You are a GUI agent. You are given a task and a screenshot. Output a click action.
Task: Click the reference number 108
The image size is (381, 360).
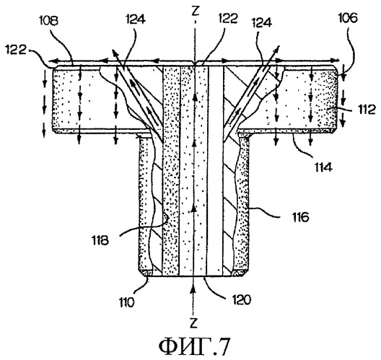point(49,21)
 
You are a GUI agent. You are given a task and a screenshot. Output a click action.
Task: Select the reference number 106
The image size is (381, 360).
point(348,18)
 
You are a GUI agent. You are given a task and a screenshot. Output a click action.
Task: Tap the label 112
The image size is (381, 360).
point(367,110)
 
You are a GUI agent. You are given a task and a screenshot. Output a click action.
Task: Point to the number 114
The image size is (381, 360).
point(323,167)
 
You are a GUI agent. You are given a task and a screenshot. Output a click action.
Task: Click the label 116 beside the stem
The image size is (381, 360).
point(301,217)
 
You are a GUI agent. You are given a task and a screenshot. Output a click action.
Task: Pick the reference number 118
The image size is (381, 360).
point(100,240)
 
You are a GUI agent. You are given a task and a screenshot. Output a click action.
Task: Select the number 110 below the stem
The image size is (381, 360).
point(126,302)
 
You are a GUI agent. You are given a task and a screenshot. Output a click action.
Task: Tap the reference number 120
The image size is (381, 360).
point(242,299)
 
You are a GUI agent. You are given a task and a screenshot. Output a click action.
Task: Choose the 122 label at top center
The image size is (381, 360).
point(228,18)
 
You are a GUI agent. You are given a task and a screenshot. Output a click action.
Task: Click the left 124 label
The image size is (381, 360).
point(136,19)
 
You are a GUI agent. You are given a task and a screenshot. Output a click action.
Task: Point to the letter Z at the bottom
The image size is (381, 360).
point(193,323)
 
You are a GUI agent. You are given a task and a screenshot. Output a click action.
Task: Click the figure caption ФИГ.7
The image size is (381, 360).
point(194,346)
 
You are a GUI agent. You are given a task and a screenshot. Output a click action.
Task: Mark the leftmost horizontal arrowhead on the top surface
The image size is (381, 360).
point(51,61)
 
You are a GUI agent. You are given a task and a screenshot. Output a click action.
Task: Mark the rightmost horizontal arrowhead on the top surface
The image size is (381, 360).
point(336,60)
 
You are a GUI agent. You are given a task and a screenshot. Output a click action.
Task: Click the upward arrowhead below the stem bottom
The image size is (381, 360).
point(193,289)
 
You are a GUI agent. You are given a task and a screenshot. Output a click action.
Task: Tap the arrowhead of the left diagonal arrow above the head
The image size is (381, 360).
point(114,52)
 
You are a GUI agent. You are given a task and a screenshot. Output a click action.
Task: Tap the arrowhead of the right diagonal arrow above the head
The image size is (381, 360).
point(276,48)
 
